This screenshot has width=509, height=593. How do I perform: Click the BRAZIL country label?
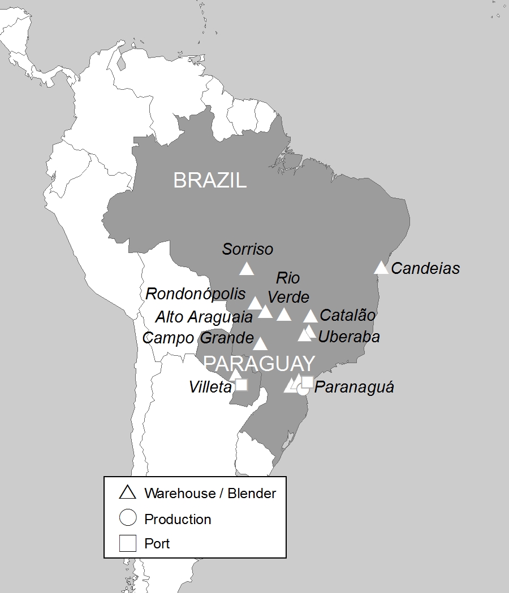pos(210,180)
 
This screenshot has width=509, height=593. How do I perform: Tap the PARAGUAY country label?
pos(259,363)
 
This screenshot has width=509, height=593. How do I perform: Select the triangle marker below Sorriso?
pos(246,269)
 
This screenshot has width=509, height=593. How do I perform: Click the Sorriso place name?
pos(247,249)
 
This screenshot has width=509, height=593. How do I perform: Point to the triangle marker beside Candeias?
pos(381,268)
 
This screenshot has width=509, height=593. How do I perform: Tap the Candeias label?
pos(425,268)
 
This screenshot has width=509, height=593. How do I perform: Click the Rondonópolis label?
pos(196,294)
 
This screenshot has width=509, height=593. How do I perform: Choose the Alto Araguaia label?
pos(204,317)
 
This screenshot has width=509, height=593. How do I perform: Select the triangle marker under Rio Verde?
pos(283,315)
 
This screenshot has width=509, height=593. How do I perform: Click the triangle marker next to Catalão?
pos(310,316)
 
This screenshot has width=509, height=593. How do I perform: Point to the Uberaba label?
pos(349,337)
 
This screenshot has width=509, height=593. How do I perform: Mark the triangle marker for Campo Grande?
pos(260,344)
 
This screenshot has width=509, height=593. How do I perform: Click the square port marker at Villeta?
pos(241,385)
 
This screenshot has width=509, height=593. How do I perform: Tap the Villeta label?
pos(210,387)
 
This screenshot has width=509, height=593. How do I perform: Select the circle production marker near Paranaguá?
pos(303,389)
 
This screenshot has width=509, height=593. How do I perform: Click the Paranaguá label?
pos(354,387)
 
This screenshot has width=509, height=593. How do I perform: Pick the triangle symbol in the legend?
pos(128,492)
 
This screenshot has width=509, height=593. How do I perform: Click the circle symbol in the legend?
pos(128,518)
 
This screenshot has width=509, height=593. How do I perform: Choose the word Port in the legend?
pos(157,544)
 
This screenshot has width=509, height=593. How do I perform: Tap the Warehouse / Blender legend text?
pos(210,493)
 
